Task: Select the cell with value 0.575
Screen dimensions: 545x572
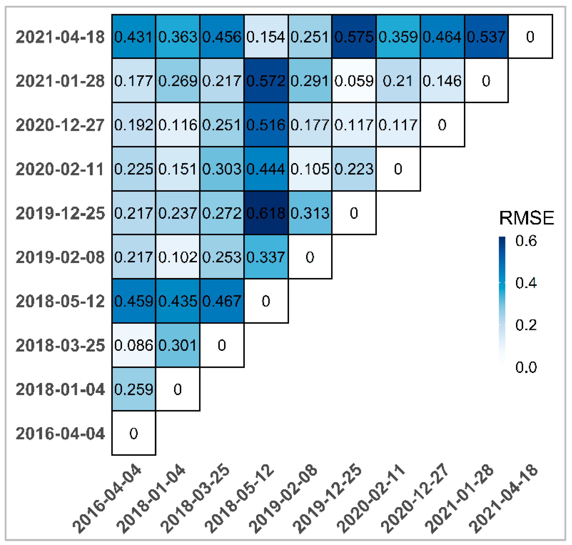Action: click(354, 37)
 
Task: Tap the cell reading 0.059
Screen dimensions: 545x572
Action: click(354, 81)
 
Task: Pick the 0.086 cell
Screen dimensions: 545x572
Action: click(133, 345)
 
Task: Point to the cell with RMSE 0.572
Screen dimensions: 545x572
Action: click(266, 81)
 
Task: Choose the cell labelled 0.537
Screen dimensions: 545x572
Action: click(486, 37)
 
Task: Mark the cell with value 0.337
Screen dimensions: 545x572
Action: click(266, 257)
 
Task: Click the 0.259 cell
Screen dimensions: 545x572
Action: click(133, 389)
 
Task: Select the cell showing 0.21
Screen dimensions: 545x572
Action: click(398, 81)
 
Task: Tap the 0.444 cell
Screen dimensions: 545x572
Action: click(266, 169)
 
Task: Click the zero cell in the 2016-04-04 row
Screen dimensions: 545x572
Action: click(133, 433)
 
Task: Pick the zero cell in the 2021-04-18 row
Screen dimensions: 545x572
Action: click(530, 37)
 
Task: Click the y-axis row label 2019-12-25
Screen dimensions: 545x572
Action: click(60, 213)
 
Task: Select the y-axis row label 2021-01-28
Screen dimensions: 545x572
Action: click(60, 81)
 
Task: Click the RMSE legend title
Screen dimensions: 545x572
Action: click(526, 218)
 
